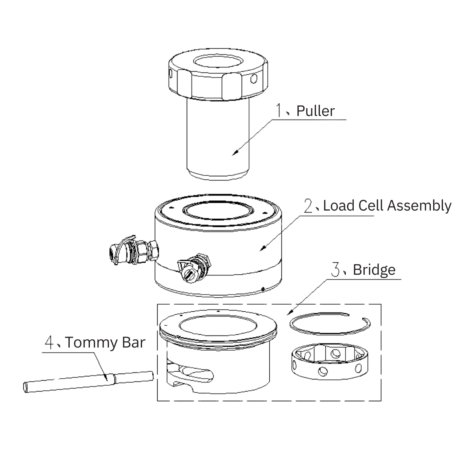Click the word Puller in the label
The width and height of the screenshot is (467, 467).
coord(315,111)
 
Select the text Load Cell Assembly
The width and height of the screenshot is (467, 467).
coord(387,205)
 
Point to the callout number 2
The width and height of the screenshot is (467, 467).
coord(309,206)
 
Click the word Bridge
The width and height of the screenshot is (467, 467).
coord(374,270)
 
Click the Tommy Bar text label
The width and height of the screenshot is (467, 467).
coord(105,342)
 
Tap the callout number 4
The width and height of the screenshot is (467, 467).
coord(49,342)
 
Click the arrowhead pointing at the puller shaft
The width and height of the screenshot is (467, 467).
coord(235,154)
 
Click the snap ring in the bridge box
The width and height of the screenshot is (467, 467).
coord(330,323)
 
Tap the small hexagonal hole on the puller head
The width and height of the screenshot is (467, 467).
coord(253,79)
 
